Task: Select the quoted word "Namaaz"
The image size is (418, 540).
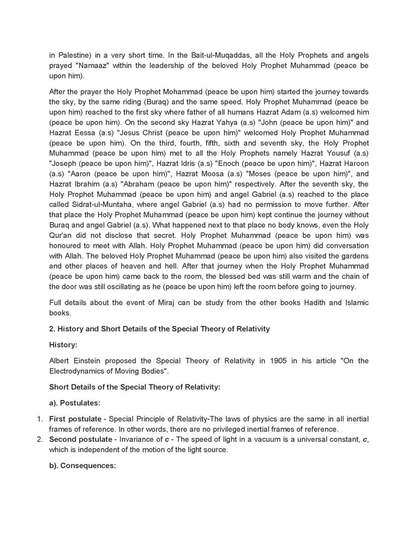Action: click(92, 66)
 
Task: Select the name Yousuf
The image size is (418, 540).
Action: click(339, 153)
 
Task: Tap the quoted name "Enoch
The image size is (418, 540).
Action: click(231, 163)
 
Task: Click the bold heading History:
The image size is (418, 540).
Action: click(63, 345)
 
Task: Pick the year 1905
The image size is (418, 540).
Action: click(278, 361)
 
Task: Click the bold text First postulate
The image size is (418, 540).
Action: click(75, 419)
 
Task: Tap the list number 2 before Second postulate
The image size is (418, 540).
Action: click(40, 439)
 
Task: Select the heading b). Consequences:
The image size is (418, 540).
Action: click(82, 466)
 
